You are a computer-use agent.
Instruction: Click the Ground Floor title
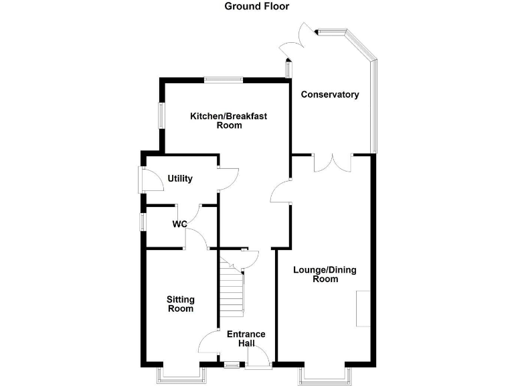pos(257,7)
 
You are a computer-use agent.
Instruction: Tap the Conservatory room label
pos(329,94)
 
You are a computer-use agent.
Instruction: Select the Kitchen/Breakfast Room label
pos(228,121)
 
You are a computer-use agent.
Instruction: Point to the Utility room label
pos(180,179)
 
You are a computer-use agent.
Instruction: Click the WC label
pos(179,224)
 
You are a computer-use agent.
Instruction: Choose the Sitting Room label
pos(180,304)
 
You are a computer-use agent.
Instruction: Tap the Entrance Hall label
pos(246,338)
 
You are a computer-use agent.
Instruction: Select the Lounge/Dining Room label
pos(325,275)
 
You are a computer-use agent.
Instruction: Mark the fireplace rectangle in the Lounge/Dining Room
pos(363,309)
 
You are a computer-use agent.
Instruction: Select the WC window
pos(142,222)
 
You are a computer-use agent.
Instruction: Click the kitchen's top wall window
pos(223,80)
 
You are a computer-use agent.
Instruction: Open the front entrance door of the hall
pos(258,358)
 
